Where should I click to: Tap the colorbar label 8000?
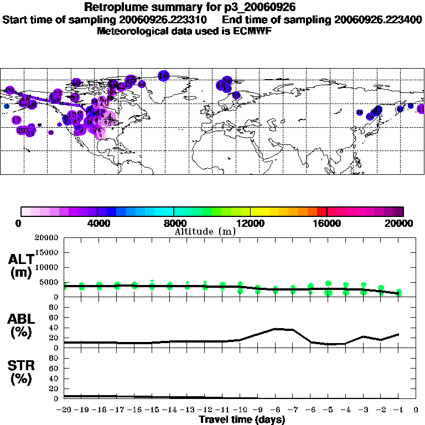174,223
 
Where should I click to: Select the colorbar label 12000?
250,223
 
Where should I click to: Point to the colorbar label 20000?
398,223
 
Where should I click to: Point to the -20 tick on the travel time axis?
64,410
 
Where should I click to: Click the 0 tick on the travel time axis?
416,410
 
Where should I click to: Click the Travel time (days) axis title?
242,419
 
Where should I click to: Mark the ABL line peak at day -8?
275,329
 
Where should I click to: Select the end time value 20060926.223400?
378,19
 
